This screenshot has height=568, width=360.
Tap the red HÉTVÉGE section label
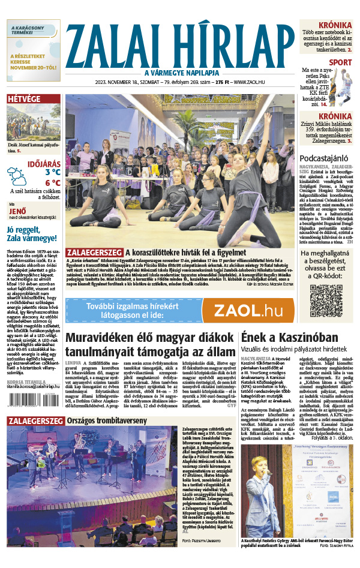click(x=24, y=100)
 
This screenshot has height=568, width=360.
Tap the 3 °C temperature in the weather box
click(x=52, y=172)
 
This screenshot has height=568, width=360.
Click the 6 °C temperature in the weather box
click(x=52, y=182)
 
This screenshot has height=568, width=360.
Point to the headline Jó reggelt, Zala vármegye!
click(x=33, y=235)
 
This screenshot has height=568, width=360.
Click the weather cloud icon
click(x=17, y=176)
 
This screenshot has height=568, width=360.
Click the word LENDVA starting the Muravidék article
click(x=73, y=363)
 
